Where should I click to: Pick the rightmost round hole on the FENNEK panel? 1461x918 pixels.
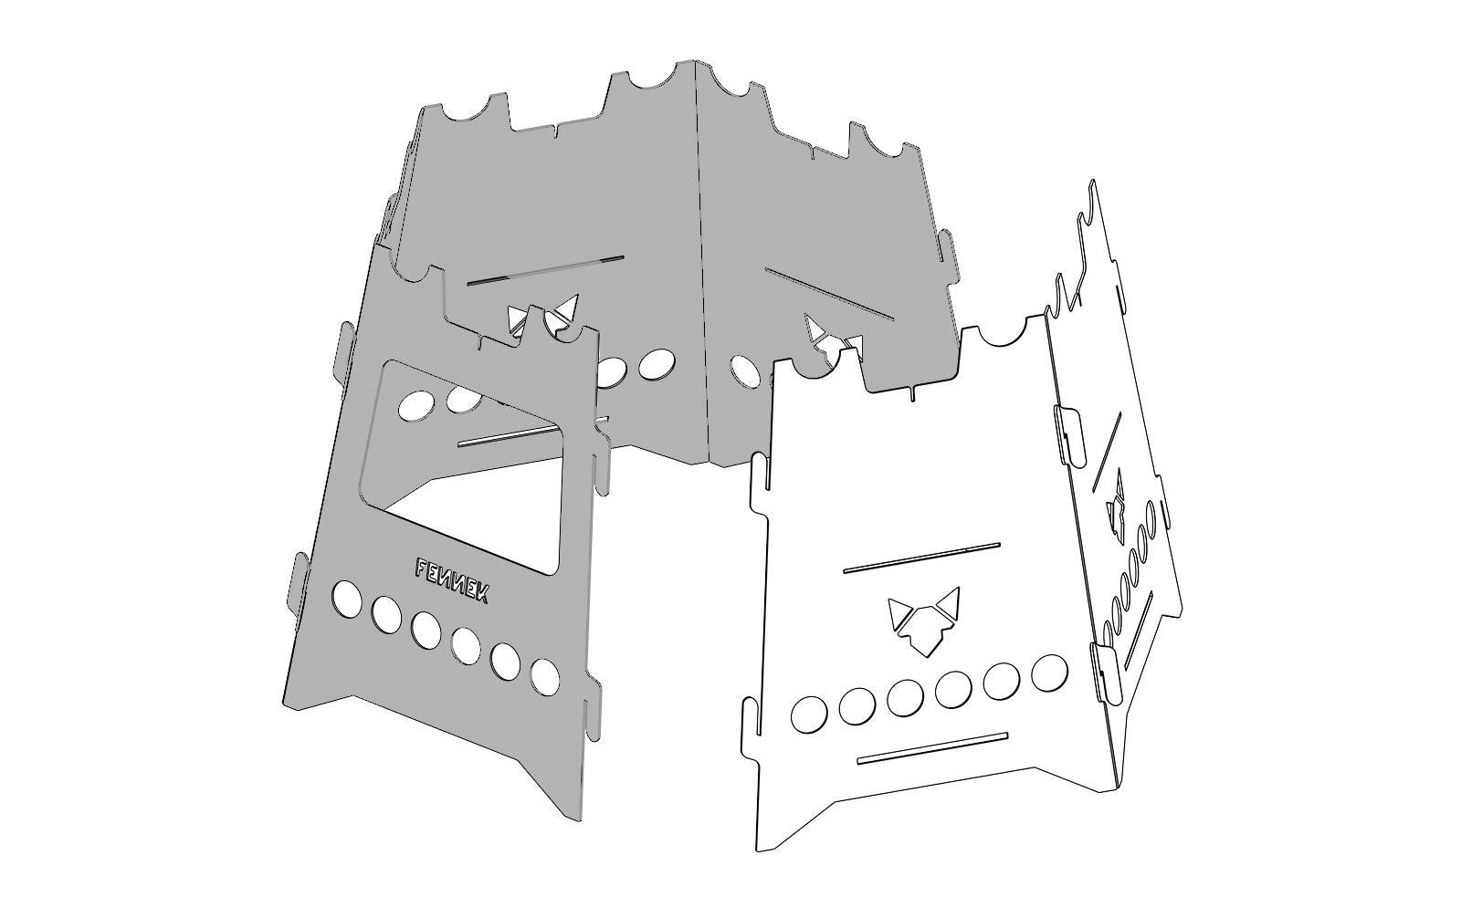545,677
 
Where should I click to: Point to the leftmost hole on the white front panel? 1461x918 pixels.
809,714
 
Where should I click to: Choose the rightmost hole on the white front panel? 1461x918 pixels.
1049,672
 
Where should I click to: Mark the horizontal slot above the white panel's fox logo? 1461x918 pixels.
921,558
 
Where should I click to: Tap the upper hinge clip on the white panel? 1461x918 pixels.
1068,433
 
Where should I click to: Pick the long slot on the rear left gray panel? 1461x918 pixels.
545,269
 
